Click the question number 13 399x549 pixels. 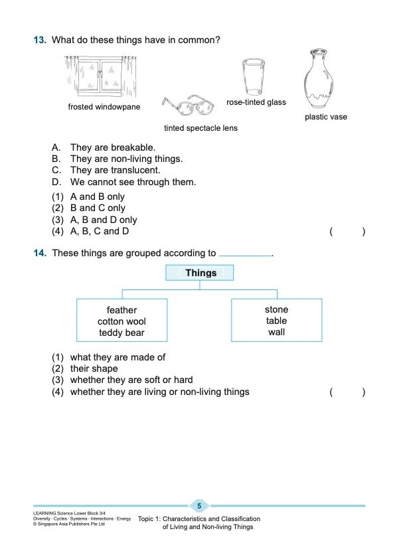(x=40, y=40)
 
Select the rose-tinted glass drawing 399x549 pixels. (x=252, y=78)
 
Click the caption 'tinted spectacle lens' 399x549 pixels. (x=200, y=128)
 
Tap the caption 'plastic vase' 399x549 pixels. (x=325, y=118)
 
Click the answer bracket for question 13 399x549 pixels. (x=347, y=232)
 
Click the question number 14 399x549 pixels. (x=40, y=253)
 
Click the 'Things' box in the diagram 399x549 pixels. (x=200, y=273)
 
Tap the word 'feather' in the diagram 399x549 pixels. (x=121, y=310)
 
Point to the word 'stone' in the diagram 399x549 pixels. (x=276, y=309)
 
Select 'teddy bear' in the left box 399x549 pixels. (x=121, y=333)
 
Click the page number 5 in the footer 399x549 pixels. (x=199, y=507)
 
